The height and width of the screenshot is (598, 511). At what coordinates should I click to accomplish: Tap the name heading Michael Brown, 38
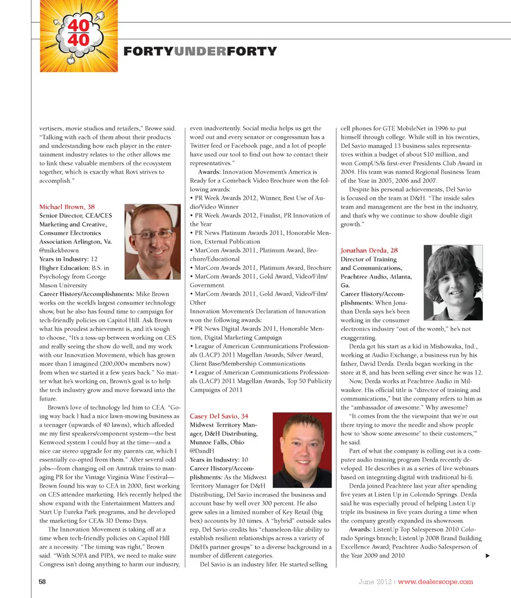click(67, 206)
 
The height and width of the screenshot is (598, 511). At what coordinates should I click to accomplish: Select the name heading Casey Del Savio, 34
click(219, 416)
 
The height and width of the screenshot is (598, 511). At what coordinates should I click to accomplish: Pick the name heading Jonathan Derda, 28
click(369, 250)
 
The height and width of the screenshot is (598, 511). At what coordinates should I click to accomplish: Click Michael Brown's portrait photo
click(152, 242)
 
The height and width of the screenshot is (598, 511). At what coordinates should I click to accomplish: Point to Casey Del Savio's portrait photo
click(302, 450)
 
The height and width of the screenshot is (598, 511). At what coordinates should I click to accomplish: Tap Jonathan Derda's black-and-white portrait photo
click(454, 282)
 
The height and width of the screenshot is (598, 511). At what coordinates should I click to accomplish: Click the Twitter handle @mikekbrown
click(59, 250)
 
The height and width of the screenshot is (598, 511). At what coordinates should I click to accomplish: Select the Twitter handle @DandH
click(202, 451)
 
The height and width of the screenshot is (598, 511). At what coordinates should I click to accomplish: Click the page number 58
click(43, 582)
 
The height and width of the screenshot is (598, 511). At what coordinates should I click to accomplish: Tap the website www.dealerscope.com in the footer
click(435, 582)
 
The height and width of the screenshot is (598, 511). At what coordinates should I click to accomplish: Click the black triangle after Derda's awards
click(487, 556)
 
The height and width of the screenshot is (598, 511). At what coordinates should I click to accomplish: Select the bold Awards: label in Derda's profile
click(364, 530)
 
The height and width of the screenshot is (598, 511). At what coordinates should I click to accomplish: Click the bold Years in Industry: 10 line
click(218, 459)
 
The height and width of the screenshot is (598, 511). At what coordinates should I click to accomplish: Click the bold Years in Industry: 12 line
click(68, 259)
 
